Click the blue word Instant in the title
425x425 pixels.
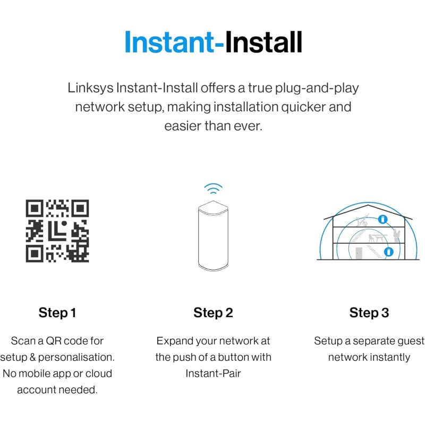pos(169,42)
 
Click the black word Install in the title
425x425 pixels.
pos(263,42)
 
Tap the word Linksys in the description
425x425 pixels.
pos(90,88)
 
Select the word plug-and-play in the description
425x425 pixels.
pos(317,88)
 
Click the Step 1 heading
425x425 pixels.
pos(57,313)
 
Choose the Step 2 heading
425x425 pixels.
pos(213,313)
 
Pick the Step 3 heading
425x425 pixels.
pos(369,313)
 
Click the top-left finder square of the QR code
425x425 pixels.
pos(35,208)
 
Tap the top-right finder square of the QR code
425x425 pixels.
pos(80,208)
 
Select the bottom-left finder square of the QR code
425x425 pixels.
pos(35,254)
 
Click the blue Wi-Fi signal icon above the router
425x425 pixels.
pos(214,189)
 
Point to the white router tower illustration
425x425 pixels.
pos(213,236)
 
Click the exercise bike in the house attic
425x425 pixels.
pos(362,219)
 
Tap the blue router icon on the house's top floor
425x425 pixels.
pos(382,219)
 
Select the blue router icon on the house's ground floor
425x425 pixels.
pos(389,252)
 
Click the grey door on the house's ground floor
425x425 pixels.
pos(359,253)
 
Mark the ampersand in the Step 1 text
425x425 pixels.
pos(32,357)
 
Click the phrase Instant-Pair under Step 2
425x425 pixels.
pos(213,373)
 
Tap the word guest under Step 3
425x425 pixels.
pos(410,342)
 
